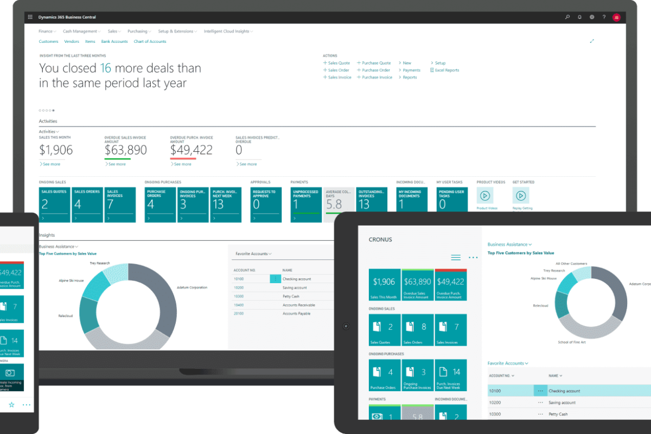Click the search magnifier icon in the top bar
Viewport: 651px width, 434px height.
point(567,17)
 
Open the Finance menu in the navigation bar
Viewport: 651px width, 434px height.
point(46,31)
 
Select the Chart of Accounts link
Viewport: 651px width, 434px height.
point(150,42)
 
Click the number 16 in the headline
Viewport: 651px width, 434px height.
point(105,69)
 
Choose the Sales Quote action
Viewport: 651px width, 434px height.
point(339,63)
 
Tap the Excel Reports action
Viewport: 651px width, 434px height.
point(446,70)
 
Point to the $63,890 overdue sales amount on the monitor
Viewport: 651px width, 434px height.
point(125,150)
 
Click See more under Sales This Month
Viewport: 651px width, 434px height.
point(51,164)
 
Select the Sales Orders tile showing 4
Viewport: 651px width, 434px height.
point(87,205)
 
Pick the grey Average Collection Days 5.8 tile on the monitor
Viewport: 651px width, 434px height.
point(340,205)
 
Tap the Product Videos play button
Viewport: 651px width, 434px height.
point(485,195)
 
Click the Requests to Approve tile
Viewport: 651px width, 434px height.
point(266,205)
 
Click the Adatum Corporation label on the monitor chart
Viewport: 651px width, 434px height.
point(192,288)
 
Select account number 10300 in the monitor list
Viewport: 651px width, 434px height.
point(239,296)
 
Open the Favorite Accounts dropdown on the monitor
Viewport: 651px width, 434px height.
point(253,253)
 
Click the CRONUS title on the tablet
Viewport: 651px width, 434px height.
point(380,239)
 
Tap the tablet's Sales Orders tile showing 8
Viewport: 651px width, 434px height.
point(417,330)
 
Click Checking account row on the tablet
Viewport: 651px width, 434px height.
point(564,391)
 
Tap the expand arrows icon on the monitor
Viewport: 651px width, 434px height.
point(592,41)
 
